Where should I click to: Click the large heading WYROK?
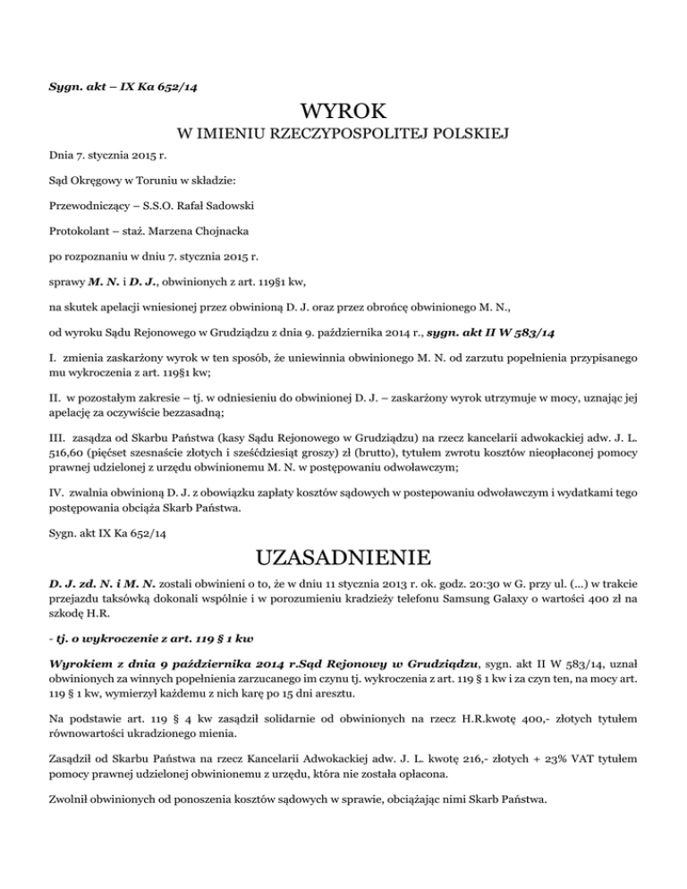343,113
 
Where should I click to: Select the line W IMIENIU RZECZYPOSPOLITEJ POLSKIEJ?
343,136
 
